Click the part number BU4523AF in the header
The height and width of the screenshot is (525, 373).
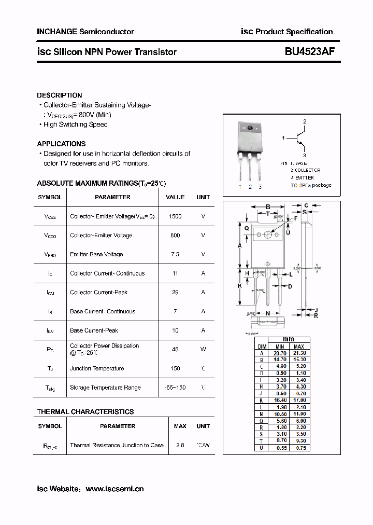pyautogui.click(x=309, y=52)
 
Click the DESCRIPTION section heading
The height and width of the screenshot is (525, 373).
pyautogui.click(x=60, y=95)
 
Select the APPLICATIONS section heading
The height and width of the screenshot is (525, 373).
pyautogui.click(x=61, y=144)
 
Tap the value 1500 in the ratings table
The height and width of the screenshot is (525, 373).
pyautogui.click(x=175, y=216)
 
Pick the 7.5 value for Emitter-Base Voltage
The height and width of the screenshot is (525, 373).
pyautogui.click(x=175, y=254)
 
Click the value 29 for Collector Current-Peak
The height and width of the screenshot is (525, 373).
pyautogui.click(x=175, y=292)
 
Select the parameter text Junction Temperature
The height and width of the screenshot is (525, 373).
pyautogui.click(x=97, y=368)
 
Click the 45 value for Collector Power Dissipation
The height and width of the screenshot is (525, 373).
pyautogui.click(x=175, y=349)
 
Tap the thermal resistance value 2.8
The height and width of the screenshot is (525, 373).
pyautogui.click(x=180, y=445)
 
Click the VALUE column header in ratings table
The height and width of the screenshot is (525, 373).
pyautogui.click(x=175, y=197)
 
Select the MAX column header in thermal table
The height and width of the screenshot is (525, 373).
pyautogui.click(x=180, y=426)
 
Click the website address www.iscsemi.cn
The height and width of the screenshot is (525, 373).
pyautogui.click(x=114, y=489)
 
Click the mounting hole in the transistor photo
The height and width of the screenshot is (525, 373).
pyautogui.click(x=250, y=128)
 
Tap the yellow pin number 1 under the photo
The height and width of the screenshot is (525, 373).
pyautogui.click(x=240, y=186)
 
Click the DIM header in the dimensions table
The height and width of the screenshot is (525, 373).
pyautogui.click(x=262, y=346)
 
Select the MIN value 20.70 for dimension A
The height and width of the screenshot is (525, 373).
pyautogui.click(x=280, y=353)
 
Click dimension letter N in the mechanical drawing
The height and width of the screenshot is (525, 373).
pyautogui.click(x=267, y=313)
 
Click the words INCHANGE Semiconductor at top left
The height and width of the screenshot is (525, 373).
pyautogui.click(x=85, y=32)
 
